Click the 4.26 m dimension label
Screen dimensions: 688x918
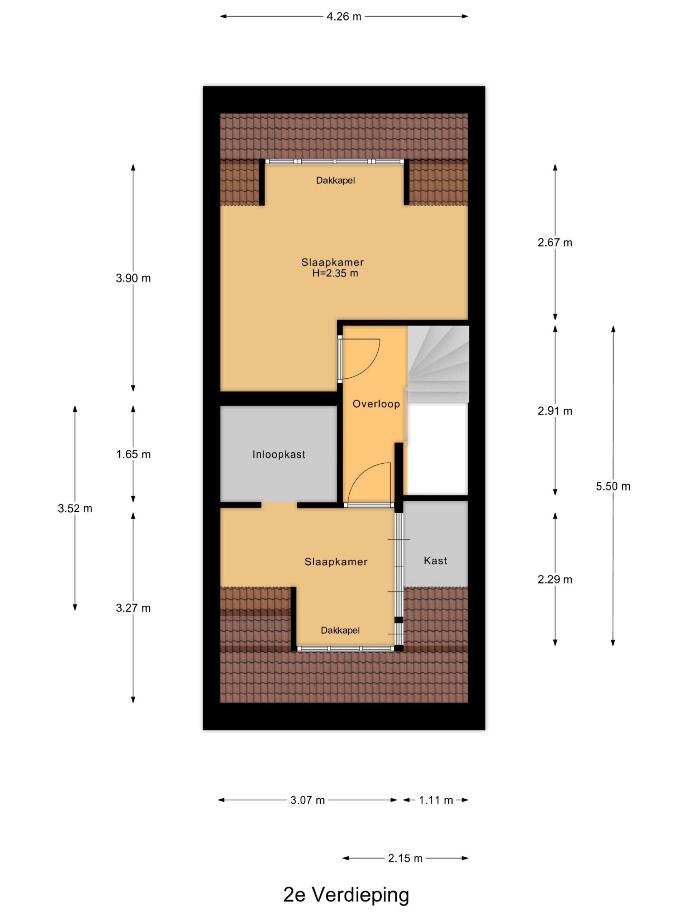pos(343,16)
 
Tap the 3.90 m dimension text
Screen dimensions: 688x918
pos(133,278)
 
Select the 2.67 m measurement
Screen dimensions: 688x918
pos(555,242)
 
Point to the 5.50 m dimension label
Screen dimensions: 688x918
pos(613,486)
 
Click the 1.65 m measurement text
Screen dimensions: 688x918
pos(133,454)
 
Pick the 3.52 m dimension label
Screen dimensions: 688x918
pos(75,508)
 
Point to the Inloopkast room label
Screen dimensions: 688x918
pos(279,454)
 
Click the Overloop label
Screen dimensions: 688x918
pos(376,404)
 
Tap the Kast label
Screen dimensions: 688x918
pos(435,561)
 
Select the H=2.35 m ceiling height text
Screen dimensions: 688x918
pos(335,273)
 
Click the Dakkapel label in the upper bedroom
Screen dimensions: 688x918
pos(335,180)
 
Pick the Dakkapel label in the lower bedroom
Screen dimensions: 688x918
pos(340,630)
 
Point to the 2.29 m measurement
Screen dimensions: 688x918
pos(555,579)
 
